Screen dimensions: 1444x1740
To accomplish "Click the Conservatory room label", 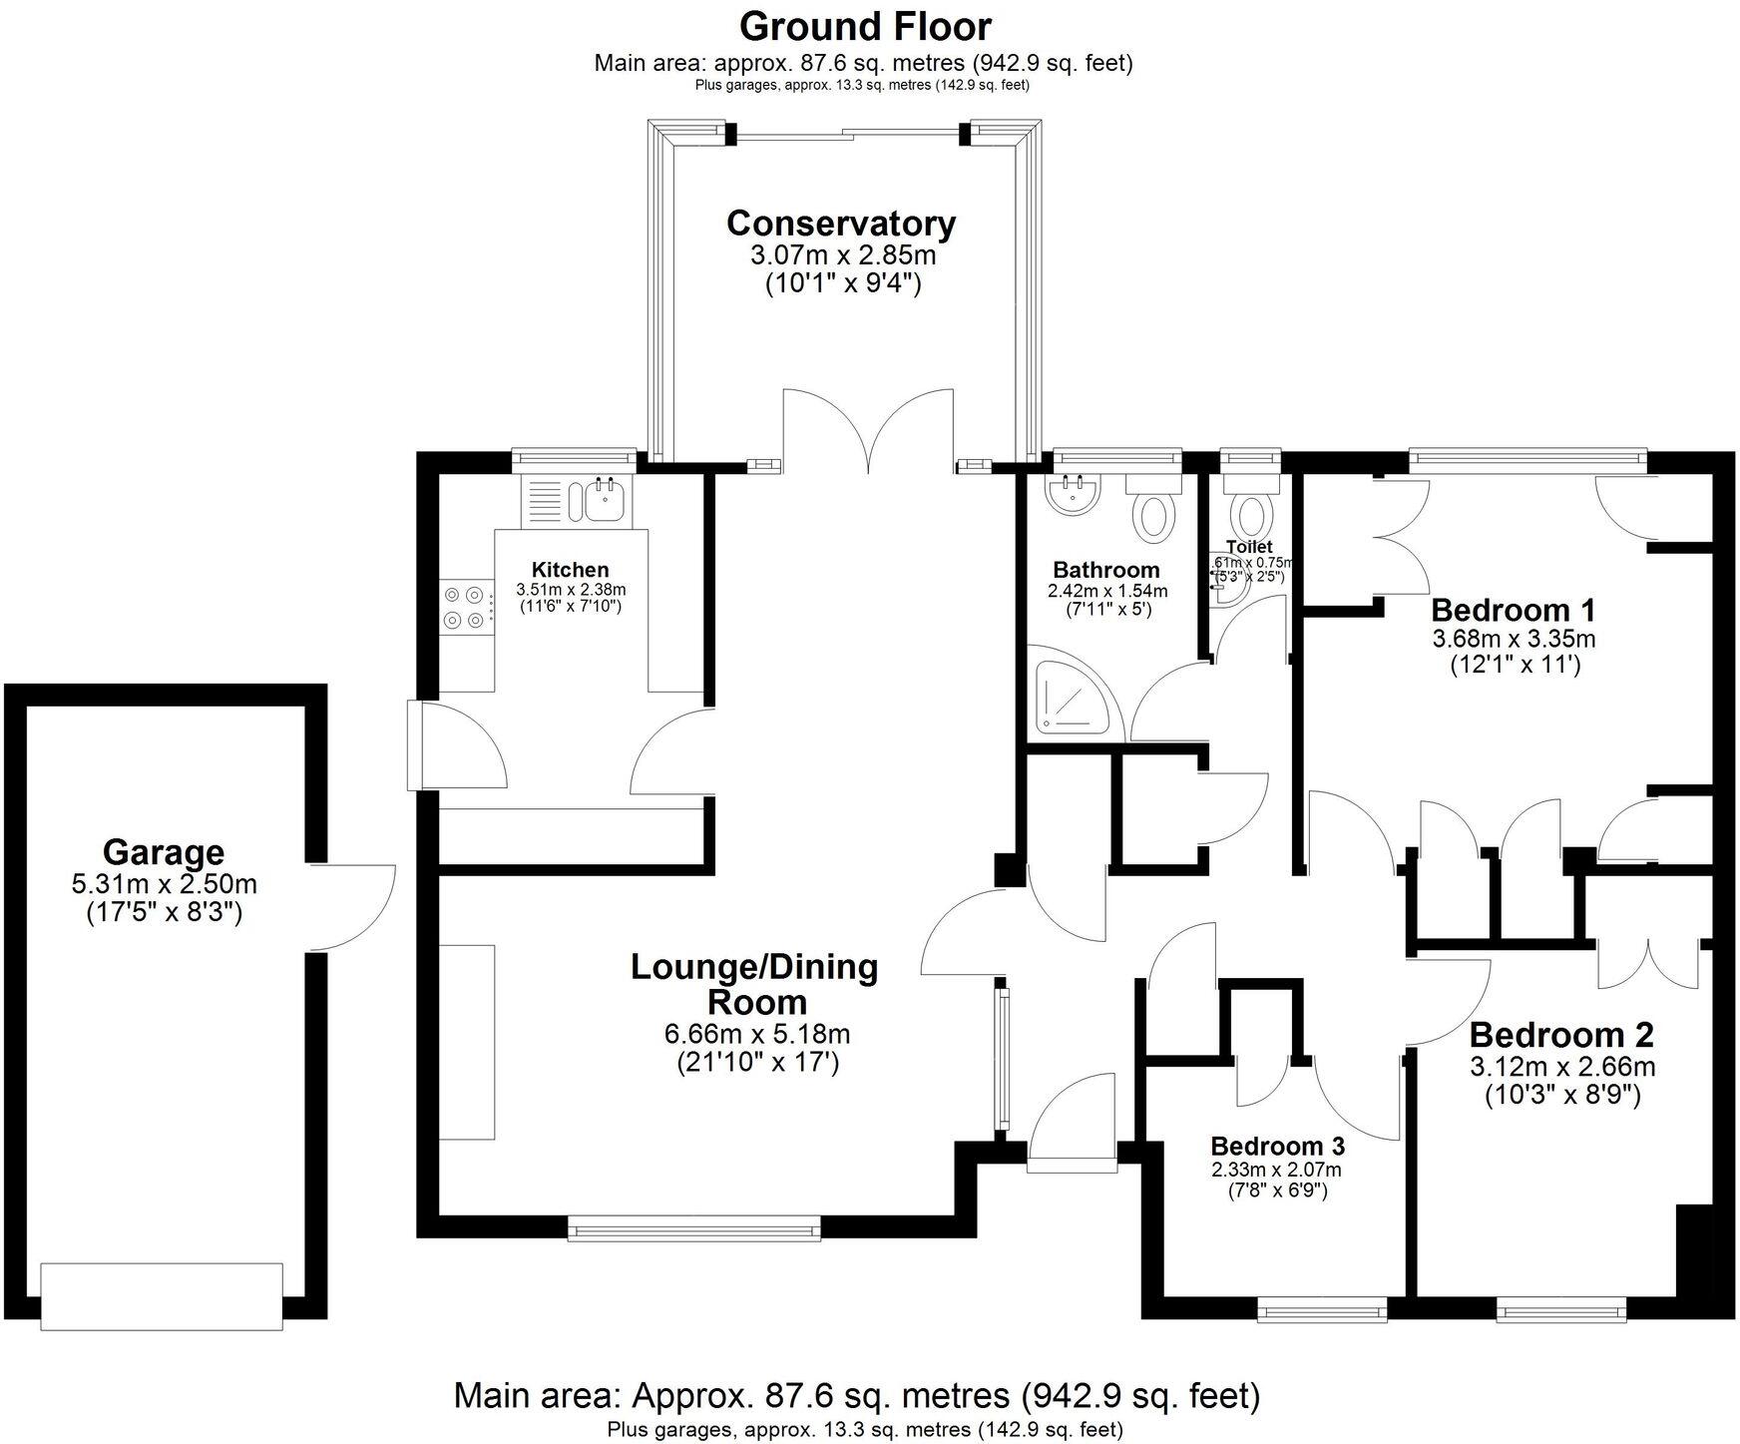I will pyautogui.click(x=841, y=223).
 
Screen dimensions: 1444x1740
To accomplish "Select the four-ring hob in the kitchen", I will pyautogui.click(x=466, y=607).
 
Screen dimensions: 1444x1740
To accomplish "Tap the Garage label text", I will pyautogui.click(x=164, y=852).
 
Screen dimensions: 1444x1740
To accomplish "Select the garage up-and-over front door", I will pyautogui.click(x=162, y=1295).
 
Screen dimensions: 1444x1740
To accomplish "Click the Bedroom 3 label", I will pyautogui.click(x=1277, y=1146).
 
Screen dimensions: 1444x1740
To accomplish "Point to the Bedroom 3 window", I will pyautogui.click(x=1322, y=1308).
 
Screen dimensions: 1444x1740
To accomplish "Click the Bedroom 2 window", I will pyautogui.click(x=1560, y=1308).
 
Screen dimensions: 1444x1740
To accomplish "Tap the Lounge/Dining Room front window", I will pyautogui.click(x=694, y=1227).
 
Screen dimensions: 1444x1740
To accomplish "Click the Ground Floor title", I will pyautogui.click(x=865, y=26).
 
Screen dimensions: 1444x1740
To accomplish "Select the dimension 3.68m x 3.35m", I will pyautogui.click(x=1514, y=638).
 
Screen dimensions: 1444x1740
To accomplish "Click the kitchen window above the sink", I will pyautogui.click(x=575, y=459).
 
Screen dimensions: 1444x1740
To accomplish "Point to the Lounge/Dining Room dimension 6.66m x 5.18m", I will pyautogui.click(x=756, y=1034).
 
